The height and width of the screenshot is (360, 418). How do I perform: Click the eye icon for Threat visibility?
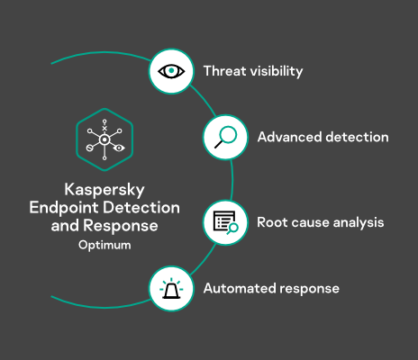pyautogui.click(x=171, y=71)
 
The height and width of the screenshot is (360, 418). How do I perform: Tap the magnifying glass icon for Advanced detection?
pyautogui.click(x=226, y=137)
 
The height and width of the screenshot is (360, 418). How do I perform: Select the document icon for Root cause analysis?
pyautogui.click(x=226, y=222)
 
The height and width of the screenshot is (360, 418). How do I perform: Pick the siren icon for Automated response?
pyautogui.click(x=171, y=288)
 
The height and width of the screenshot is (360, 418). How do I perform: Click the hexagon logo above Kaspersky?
pyautogui.click(x=104, y=139)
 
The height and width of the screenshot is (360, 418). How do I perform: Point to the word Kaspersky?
pyautogui.click(x=104, y=190)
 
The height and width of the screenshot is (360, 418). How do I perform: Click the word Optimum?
pyautogui.click(x=104, y=246)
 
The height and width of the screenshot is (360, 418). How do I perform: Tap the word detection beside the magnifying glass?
pyautogui.click(x=358, y=137)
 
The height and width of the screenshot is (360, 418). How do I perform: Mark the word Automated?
pyautogui.click(x=240, y=289)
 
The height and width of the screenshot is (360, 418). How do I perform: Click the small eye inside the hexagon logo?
pyautogui.click(x=119, y=148)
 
